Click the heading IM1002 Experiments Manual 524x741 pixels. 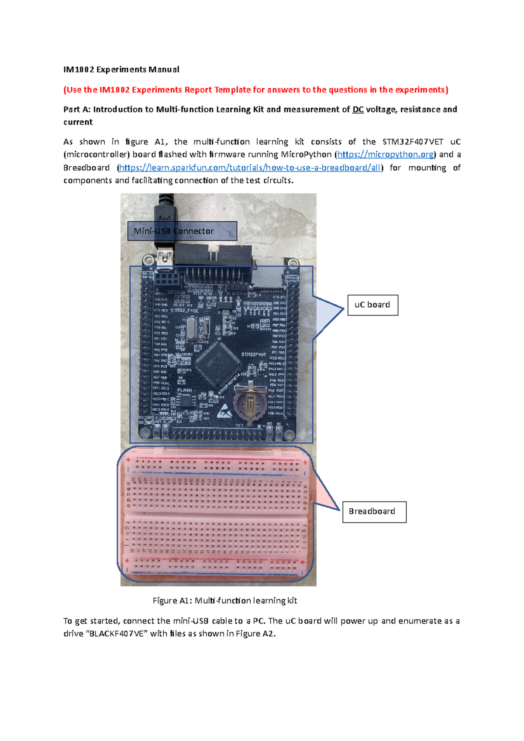tap(121, 69)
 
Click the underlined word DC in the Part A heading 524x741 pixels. tap(358, 110)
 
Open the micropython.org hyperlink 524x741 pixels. tap(386, 154)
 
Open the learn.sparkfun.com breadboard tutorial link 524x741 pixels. tap(249, 168)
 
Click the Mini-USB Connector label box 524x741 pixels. tap(182, 231)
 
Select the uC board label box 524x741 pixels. tap(372, 305)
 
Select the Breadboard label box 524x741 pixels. tap(374, 511)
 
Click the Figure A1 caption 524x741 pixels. tap(224, 600)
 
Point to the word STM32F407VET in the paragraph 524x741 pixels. tap(413, 142)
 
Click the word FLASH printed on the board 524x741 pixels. tap(184, 390)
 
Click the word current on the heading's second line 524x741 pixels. tap(78, 122)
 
